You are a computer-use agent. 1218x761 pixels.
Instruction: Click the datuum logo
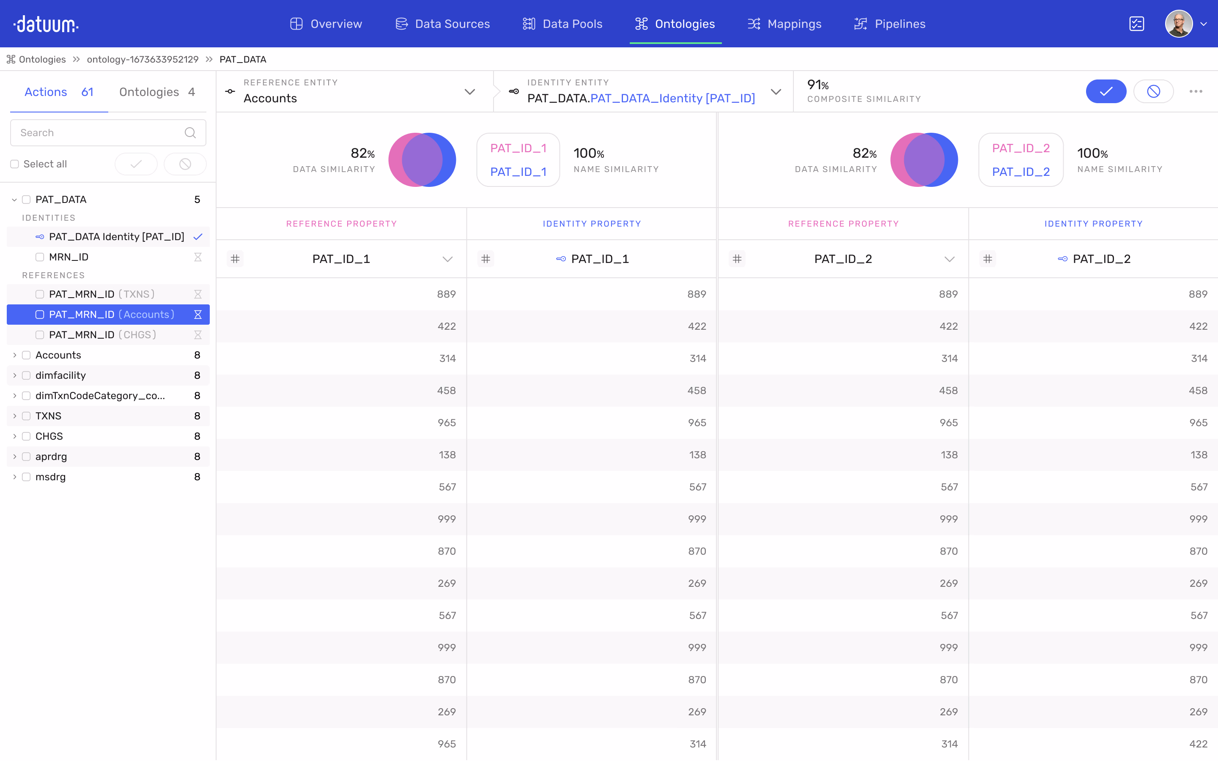point(46,24)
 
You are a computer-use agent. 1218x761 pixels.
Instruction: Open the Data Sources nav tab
point(442,24)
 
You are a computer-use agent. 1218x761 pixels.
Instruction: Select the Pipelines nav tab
point(889,24)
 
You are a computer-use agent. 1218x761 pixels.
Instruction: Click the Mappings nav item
point(784,24)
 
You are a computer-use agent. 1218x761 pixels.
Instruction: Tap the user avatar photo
point(1178,24)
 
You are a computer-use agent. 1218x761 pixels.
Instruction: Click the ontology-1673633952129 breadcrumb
point(143,59)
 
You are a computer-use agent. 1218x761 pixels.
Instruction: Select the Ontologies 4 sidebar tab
point(156,92)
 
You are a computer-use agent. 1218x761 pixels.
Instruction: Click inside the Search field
point(101,133)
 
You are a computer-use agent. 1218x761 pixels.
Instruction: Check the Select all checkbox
point(15,164)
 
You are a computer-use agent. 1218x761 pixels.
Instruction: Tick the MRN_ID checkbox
point(40,257)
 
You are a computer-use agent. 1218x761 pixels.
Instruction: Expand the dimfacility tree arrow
point(15,375)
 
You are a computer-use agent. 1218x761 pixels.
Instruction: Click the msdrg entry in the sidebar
point(50,476)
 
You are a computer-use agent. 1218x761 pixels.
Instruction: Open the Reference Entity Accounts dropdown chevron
point(469,92)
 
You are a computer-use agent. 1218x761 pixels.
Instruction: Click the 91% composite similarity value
point(817,85)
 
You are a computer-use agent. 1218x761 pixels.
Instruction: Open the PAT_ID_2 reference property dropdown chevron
point(949,259)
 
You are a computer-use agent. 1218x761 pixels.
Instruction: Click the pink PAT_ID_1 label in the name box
point(518,148)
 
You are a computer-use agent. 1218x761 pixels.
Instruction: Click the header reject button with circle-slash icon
point(1153,92)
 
